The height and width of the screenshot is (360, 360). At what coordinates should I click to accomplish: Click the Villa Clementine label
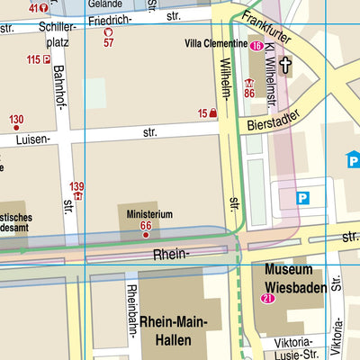tap(216, 43)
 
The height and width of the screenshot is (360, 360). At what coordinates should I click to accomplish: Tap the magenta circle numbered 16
tap(256, 45)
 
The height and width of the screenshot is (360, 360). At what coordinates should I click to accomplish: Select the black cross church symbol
tap(285, 65)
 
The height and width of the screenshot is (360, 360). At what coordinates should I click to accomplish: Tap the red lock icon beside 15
tap(213, 113)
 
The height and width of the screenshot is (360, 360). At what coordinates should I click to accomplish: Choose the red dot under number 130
tap(16, 130)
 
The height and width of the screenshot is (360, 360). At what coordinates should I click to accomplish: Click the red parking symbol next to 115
tap(45, 59)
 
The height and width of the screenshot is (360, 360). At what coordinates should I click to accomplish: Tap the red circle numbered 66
tap(146, 235)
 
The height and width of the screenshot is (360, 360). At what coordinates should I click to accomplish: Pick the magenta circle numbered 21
tap(266, 299)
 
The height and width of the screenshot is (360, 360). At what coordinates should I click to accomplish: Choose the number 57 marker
tap(109, 37)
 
